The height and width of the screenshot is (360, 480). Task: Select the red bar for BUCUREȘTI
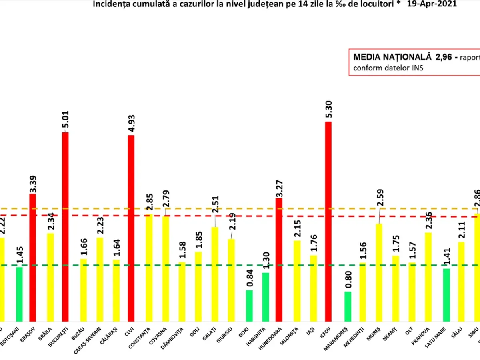click(65, 226)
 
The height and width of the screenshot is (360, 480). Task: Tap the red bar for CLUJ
click(131, 228)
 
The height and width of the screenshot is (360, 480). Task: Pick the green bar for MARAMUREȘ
click(348, 306)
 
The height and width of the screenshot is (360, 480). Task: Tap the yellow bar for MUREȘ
click(379, 272)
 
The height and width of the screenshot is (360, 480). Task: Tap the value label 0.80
click(348, 280)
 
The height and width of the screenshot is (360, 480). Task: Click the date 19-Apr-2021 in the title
click(432, 4)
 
